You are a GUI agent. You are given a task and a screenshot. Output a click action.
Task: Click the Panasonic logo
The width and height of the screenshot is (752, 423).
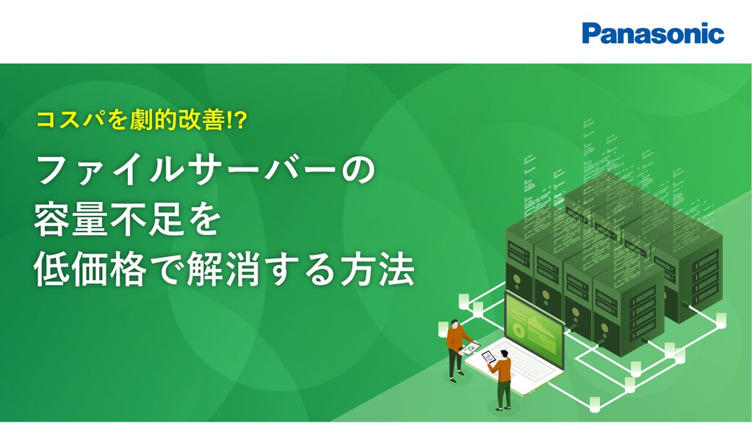(x=653, y=34)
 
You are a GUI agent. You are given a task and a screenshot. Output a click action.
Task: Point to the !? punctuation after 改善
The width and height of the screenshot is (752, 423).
(x=236, y=120)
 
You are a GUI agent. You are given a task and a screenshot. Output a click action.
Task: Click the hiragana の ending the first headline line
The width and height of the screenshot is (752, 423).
(x=358, y=170)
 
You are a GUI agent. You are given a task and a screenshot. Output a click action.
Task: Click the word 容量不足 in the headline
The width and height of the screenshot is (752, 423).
(x=108, y=220)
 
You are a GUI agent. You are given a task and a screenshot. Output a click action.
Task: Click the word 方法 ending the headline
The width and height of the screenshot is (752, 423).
(x=377, y=270)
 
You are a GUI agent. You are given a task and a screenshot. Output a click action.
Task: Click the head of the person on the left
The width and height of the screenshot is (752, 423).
(x=455, y=323)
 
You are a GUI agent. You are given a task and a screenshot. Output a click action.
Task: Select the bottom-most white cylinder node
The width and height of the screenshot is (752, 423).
(x=595, y=405)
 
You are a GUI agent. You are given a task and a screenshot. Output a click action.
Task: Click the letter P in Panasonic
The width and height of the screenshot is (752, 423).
(x=591, y=34)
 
